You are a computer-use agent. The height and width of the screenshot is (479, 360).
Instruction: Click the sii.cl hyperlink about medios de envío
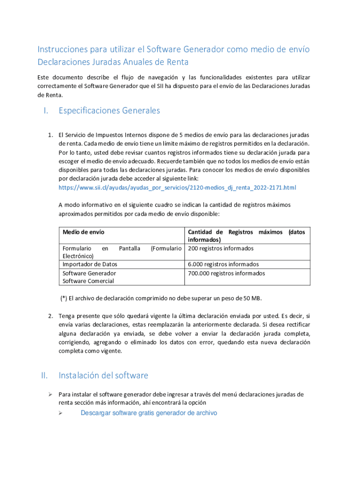(177, 188)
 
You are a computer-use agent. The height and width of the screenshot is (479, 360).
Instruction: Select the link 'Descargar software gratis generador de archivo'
(149, 413)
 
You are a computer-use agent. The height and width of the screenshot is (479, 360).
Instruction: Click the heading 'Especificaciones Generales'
(109, 111)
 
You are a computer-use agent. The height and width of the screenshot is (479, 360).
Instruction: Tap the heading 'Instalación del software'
(103, 376)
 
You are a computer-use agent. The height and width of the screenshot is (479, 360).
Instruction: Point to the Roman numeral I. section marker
(45, 111)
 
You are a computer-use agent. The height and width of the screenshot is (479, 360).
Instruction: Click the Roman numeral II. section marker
(44, 376)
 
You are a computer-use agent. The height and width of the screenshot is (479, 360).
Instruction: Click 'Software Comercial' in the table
(88, 281)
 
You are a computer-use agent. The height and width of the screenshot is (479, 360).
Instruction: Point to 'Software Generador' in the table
(89, 273)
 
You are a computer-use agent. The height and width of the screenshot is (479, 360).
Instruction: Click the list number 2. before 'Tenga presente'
(50, 315)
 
